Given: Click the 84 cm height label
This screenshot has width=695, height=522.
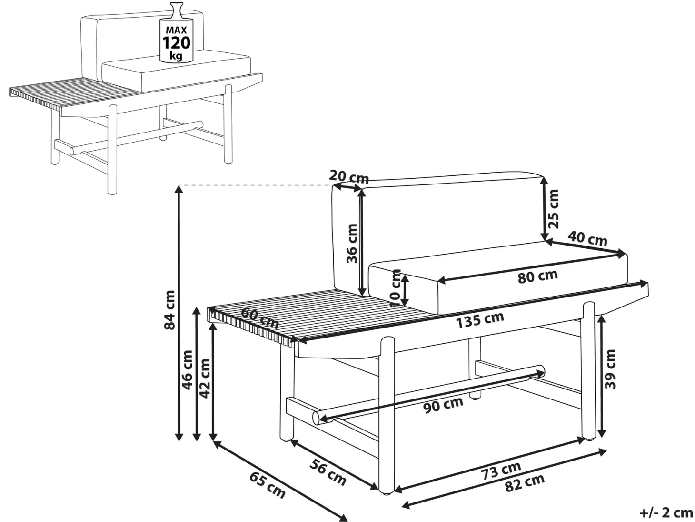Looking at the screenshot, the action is pyautogui.click(x=170, y=310).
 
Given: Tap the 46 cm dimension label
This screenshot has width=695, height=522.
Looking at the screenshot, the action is pyautogui.click(x=188, y=370).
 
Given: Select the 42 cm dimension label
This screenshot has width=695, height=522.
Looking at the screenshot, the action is pyautogui.click(x=205, y=378).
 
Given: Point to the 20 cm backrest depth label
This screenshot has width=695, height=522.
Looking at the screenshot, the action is pyautogui.click(x=349, y=177).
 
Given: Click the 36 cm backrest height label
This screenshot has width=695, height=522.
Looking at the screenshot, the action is pyautogui.click(x=352, y=244).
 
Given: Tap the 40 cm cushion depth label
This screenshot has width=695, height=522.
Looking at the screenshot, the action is pyautogui.click(x=587, y=239).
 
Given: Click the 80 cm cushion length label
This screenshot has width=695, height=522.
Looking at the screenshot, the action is pyautogui.click(x=537, y=276).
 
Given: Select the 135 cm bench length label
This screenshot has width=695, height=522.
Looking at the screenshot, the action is pyautogui.click(x=480, y=320).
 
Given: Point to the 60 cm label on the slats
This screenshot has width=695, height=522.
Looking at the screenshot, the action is pyautogui.click(x=260, y=318).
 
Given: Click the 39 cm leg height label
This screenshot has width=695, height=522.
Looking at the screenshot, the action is pyautogui.click(x=609, y=369).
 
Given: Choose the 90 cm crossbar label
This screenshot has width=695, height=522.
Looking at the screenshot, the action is pyautogui.click(x=443, y=405).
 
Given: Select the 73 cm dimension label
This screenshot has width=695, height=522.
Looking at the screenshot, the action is pyautogui.click(x=501, y=471).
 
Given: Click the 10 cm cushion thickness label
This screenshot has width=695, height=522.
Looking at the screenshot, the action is pyautogui.click(x=396, y=288).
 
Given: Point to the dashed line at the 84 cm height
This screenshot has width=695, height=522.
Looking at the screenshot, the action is pyautogui.click(x=255, y=185).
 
